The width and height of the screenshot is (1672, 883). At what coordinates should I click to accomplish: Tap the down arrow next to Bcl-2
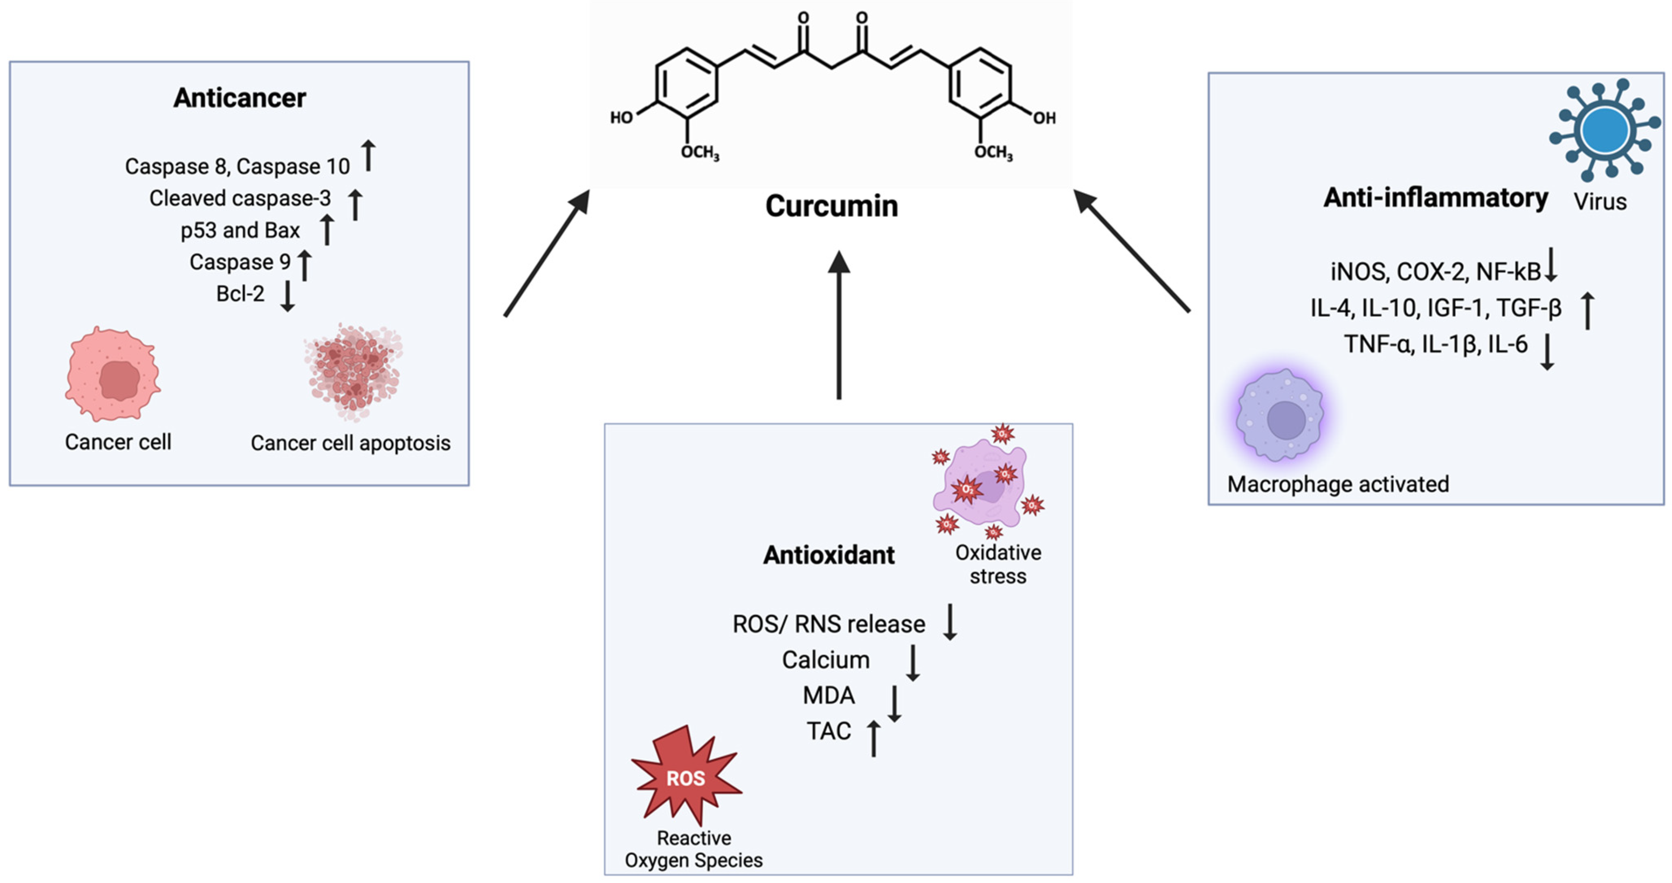(288, 295)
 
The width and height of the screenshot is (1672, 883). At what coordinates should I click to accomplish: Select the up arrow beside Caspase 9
(304, 265)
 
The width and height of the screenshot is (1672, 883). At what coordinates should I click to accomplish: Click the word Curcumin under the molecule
(831, 206)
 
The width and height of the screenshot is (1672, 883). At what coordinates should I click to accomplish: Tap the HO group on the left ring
(621, 118)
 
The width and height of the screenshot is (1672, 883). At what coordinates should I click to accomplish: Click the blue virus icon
(1604, 130)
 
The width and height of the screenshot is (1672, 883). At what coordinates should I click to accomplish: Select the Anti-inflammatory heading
(1435, 197)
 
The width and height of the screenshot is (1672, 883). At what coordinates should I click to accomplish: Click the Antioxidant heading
(828, 555)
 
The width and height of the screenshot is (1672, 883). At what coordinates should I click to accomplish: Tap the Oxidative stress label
(997, 564)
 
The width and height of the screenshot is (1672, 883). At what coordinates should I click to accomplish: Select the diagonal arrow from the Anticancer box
(547, 253)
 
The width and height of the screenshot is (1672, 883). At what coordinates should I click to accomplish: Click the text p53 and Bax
(240, 231)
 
